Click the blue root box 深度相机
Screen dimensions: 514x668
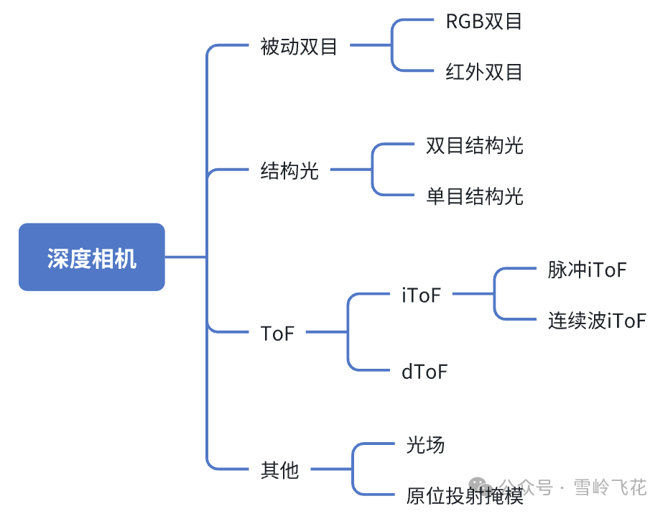[92, 257]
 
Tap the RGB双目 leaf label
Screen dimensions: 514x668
[483, 22]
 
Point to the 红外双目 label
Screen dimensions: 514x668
[483, 72]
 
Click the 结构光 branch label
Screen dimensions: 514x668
[289, 171]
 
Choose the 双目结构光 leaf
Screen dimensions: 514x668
[474, 146]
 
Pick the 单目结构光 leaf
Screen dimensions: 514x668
[474, 196]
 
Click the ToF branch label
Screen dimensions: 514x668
[277, 333]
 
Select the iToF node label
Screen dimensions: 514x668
[422, 295]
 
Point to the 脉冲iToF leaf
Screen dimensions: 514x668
[587, 270]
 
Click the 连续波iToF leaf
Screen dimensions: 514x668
[597, 321]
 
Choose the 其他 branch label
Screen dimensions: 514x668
[279, 471]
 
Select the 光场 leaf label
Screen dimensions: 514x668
[425, 446]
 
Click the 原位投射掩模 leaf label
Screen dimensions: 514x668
[465, 496]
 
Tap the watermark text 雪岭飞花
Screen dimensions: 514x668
[610, 488]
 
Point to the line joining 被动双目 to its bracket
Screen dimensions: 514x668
[370, 47]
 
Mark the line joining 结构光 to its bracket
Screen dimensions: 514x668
[351, 171]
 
